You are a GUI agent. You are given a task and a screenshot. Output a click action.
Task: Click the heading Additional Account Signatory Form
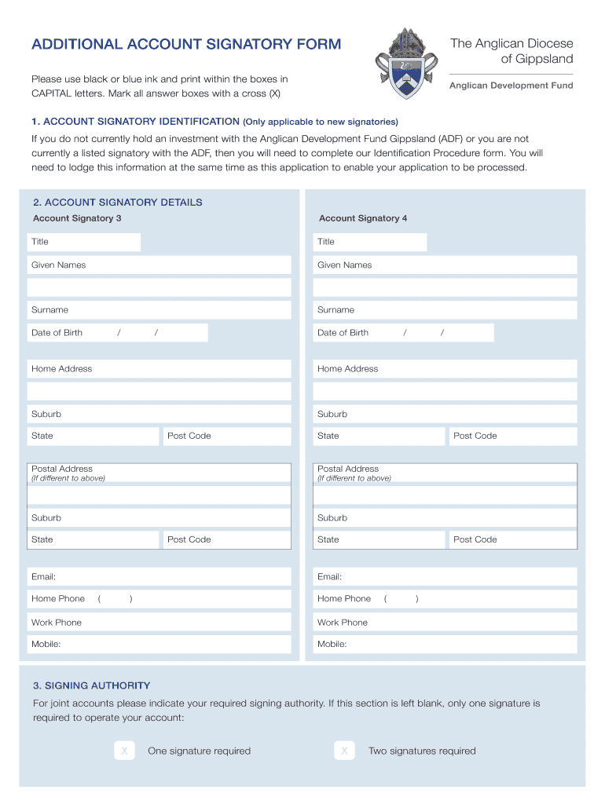click(186, 44)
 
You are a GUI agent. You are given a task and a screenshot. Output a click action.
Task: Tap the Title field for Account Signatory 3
click(84, 242)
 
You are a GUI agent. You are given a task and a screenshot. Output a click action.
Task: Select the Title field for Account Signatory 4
click(370, 242)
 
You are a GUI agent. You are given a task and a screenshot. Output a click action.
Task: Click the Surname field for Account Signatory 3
click(159, 310)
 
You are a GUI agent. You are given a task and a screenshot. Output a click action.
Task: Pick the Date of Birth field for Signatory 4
click(404, 333)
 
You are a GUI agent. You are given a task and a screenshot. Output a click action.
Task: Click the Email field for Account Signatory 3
click(159, 577)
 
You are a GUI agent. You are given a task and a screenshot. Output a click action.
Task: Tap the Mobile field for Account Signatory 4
click(445, 645)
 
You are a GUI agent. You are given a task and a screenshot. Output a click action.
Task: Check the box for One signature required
click(124, 751)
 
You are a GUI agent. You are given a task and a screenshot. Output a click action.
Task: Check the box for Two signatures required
click(343, 751)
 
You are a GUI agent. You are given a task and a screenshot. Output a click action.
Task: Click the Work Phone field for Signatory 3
click(159, 623)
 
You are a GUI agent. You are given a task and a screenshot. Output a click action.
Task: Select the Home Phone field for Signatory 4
click(445, 599)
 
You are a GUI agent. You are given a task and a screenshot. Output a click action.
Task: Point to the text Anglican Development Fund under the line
click(511, 86)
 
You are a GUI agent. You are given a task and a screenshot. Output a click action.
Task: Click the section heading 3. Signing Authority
click(91, 685)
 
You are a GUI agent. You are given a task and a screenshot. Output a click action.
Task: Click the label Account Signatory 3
click(77, 218)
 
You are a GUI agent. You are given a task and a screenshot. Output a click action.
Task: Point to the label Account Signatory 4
click(363, 218)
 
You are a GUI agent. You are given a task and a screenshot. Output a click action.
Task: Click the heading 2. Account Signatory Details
click(117, 203)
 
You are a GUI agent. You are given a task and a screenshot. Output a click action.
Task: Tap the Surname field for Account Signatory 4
click(445, 310)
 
